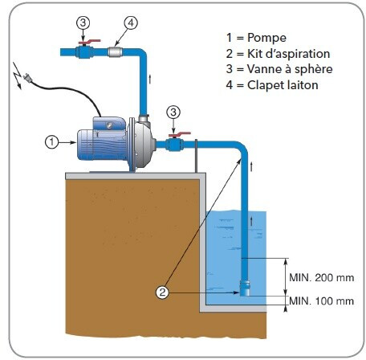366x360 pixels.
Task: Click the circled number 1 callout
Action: tap(51, 142)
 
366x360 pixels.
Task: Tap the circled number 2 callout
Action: tap(162, 292)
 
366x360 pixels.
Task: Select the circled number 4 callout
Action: tap(131, 23)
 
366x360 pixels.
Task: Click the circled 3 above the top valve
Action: tap(83, 22)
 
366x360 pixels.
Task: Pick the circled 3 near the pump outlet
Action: tap(173, 112)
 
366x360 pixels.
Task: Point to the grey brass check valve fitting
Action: tap(115, 51)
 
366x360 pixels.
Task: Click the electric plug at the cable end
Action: tap(27, 78)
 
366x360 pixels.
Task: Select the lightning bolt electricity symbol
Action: tap(18, 76)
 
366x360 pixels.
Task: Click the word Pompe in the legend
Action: tap(266, 38)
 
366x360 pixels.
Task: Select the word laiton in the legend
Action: tap(303, 85)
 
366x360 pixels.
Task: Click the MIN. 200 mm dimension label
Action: tap(322, 278)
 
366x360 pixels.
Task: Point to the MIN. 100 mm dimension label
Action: tap(322, 301)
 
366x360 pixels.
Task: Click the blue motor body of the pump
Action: tap(103, 142)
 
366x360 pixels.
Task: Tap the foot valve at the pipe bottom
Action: tap(245, 288)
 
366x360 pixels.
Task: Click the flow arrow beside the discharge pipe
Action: tap(150, 79)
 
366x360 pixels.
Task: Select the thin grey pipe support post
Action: tap(196, 156)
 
